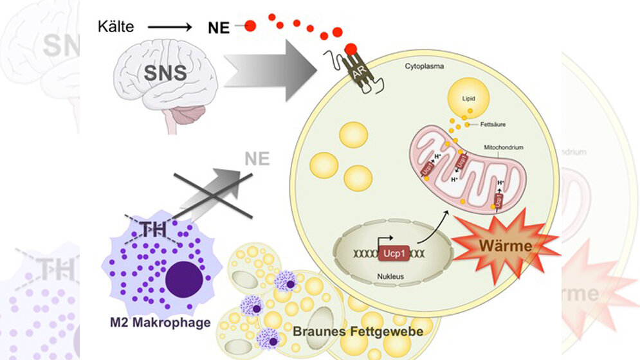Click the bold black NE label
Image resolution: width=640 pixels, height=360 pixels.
pyautogui.click(x=219, y=28)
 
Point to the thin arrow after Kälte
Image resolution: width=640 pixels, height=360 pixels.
pyautogui.click(x=169, y=28)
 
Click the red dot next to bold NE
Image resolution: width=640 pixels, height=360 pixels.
pyautogui.click(x=250, y=26)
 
